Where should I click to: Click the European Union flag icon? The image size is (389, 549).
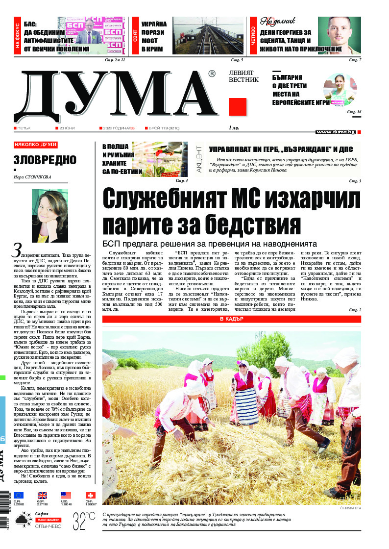point(19,495)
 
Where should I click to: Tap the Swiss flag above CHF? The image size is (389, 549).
point(90,495)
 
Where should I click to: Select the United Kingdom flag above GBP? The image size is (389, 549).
point(43,495)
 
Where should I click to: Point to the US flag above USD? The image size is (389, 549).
point(66,495)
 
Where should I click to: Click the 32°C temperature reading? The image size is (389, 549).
point(84,519)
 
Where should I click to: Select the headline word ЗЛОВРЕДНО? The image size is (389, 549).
point(45,160)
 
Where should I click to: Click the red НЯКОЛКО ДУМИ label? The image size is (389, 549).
point(36,145)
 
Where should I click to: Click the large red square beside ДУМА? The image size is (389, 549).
point(238,106)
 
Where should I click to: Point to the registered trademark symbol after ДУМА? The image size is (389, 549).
point(212,74)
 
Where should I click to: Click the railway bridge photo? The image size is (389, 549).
point(208,36)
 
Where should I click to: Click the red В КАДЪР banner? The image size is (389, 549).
point(231,319)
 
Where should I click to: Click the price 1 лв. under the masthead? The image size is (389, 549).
point(234,128)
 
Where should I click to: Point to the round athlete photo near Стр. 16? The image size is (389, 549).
point(340,89)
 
